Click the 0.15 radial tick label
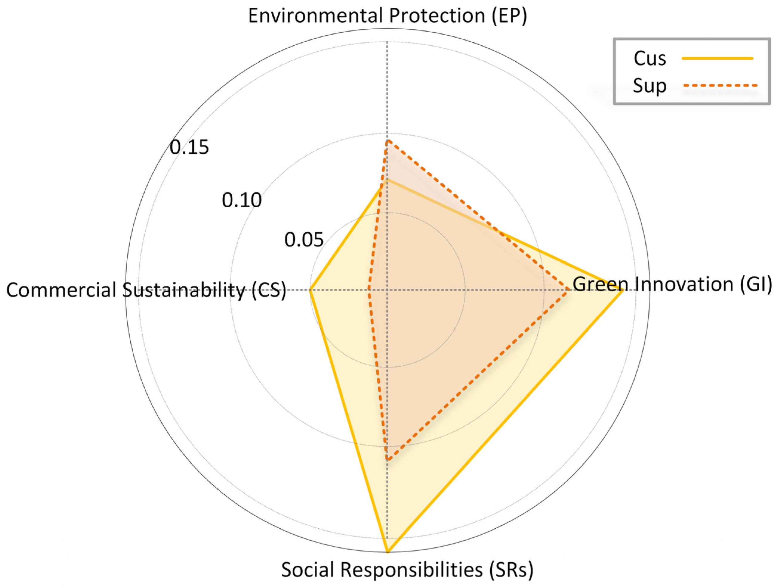tap(189, 147)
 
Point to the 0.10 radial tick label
tap(242, 200)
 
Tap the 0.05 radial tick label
tap(304, 240)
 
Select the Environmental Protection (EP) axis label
tap(387, 16)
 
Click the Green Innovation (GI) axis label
tap(672, 284)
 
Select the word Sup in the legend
tap(649, 86)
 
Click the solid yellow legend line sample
tap(718, 59)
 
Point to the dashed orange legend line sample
tap(720, 86)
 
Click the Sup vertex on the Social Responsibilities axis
tap(388, 460)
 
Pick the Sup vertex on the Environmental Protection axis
tap(388, 141)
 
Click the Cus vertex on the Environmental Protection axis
tap(388, 180)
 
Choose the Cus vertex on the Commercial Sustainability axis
tap(310, 290)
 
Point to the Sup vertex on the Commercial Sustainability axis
tap(369, 290)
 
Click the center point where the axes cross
tap(388, 290)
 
